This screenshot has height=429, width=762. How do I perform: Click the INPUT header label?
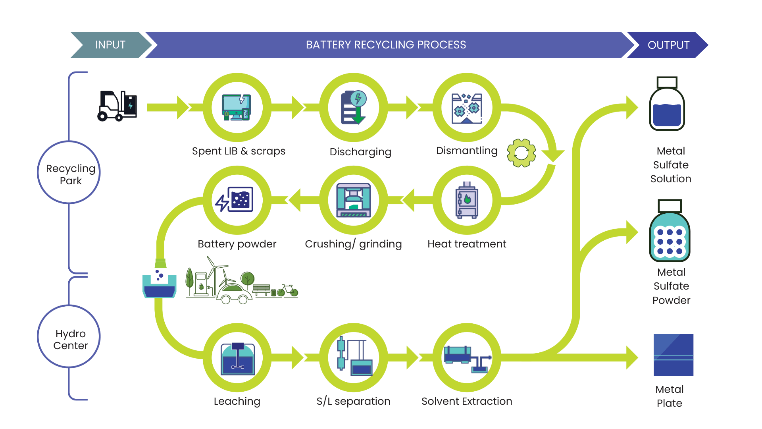tap(110, 45)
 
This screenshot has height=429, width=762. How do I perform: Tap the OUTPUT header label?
tap(668, 45)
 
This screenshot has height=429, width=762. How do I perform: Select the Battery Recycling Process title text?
tap(386, 45)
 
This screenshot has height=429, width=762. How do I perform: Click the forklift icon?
tap(117, 106)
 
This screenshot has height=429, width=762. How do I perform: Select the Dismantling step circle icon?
tap(467, 108)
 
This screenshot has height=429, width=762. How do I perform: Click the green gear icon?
tap(521, 153)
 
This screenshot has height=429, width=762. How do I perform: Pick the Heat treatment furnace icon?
tap(467, 200)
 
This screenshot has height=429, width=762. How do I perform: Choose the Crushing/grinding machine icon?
tap(354, 200)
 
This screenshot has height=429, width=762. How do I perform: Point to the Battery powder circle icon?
tap(237, 200)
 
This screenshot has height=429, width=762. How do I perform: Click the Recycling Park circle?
tap(69, 173)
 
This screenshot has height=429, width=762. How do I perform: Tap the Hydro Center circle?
tap(69, 337)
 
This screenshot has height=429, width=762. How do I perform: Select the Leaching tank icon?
tap(237, 357)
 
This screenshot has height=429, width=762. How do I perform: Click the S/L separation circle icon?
tap(354, 357)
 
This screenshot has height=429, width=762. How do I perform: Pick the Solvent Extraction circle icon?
tap(467, 357)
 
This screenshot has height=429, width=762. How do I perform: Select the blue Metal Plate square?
tap(673, 355)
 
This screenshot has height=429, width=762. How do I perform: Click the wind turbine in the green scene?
tap(215, 274)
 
